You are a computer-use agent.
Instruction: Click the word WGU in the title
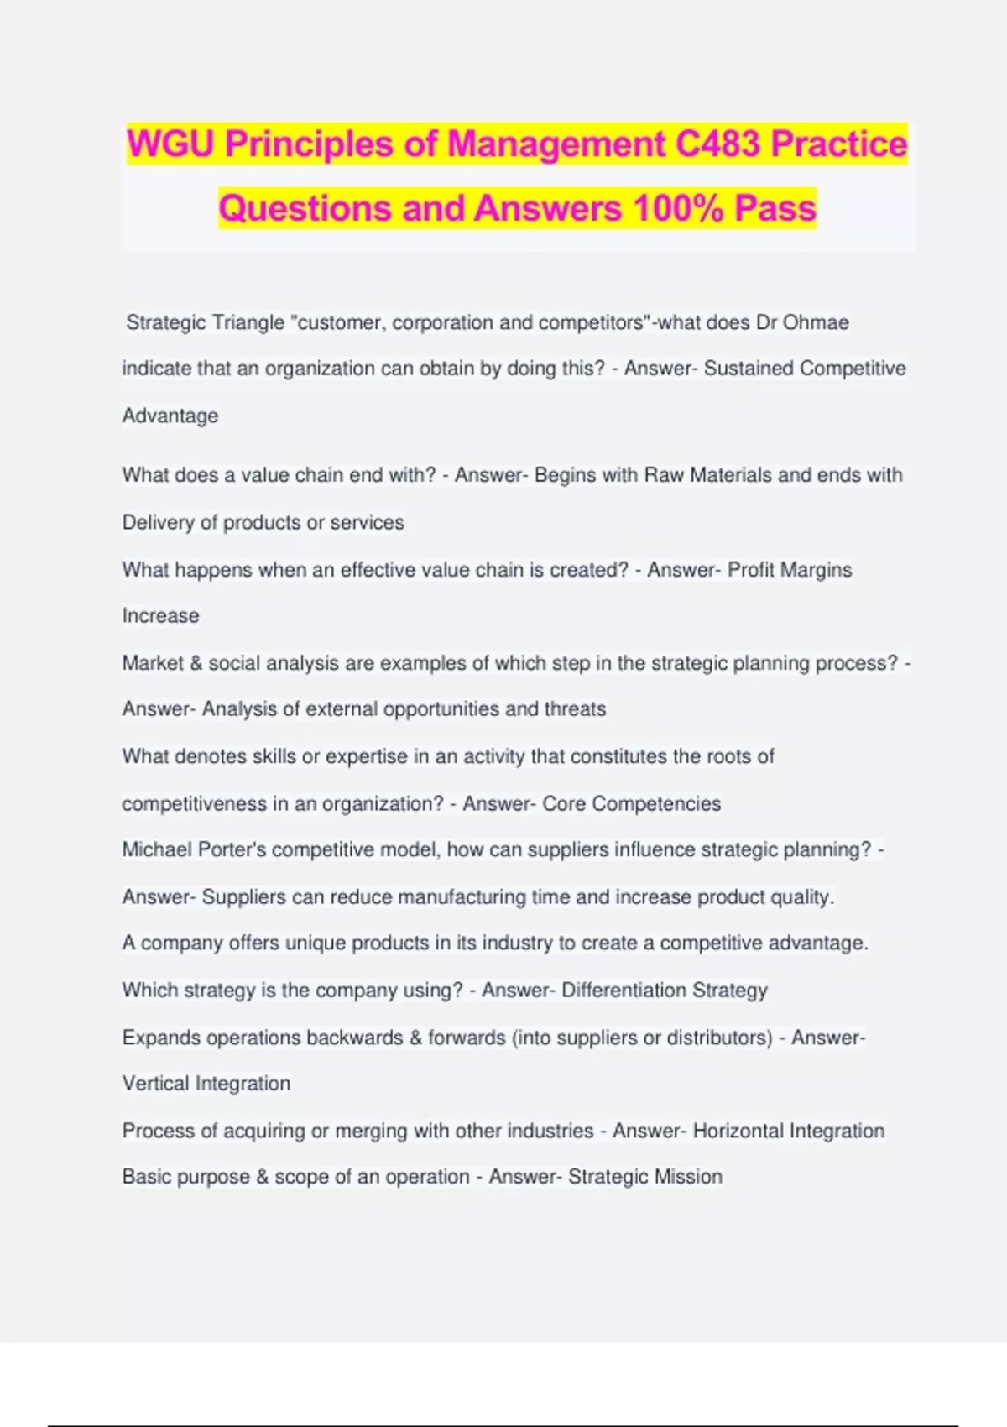171,144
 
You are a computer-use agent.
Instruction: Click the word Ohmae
816,322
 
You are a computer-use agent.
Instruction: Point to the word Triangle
248,322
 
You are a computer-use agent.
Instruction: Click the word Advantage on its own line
170,416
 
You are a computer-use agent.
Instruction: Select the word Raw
664,475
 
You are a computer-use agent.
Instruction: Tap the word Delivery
158,522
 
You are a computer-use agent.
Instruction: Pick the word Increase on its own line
161,615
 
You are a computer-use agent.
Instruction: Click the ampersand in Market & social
196,663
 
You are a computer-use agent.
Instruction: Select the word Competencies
656,803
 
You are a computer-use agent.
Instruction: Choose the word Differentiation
624,990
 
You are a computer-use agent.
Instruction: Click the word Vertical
155,1083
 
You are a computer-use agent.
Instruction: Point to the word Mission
688,1176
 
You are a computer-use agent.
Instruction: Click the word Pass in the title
775,208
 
